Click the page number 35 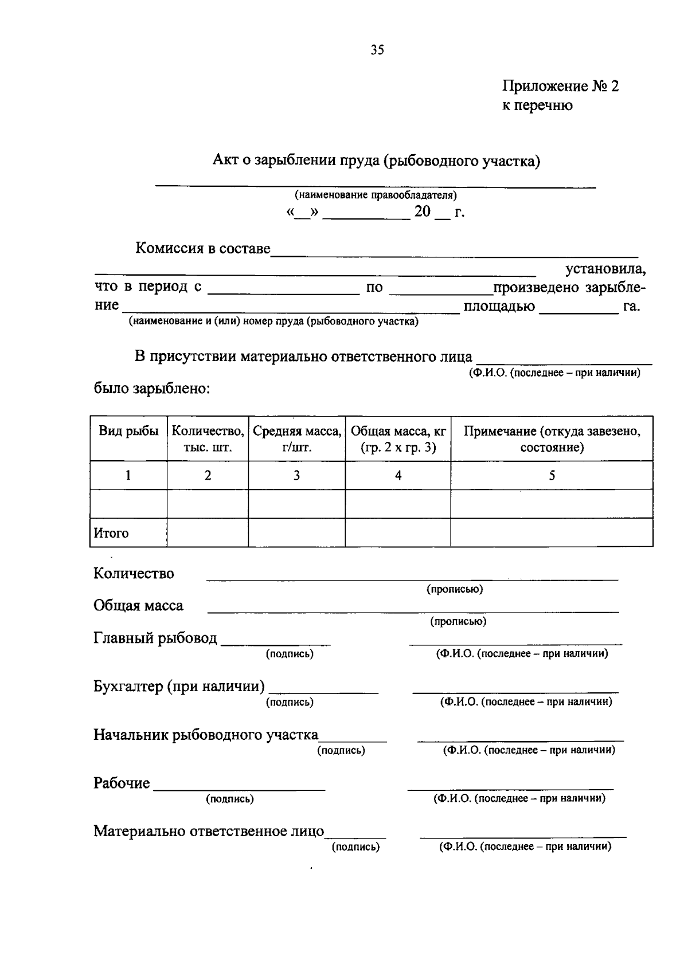click(x=377, y=50)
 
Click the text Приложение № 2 click(x=560, y=87)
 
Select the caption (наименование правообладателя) click(x=376, y=195)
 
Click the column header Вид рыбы click(x=128, y=432)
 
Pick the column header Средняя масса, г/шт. click(x=297, y=439)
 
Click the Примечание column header click(x=552, y=439)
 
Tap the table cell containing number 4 click(x=398, y=475)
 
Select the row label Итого click(x=111, y=533)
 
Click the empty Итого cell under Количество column click(x=208, y=532)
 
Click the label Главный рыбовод click(x=155, y=638)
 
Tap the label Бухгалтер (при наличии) click(x=179, y=686)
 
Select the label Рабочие click(x=122, y=783)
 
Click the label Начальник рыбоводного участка click(x=206, y=735)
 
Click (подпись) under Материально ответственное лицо click(x=355, y=846)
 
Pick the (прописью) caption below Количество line click(x=455, y=589)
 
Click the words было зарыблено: click(x=152, y=389)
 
